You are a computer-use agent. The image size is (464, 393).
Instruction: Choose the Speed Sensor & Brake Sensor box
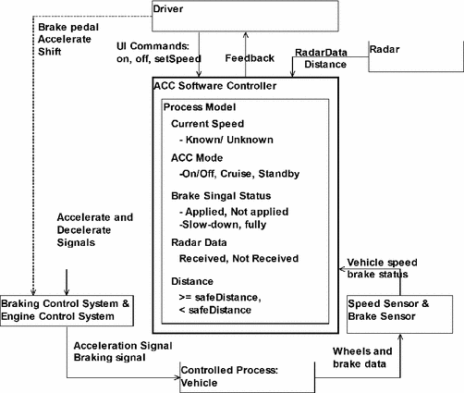(x=400, y=309)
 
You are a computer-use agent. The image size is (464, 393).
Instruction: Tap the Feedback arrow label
(x=250, y=57)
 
